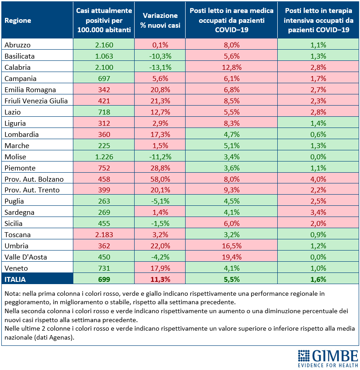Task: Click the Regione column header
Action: click(x=18, y=21)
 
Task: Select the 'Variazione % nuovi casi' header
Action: click(x=160, y=20)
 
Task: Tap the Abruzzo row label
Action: click(x=17, y=45)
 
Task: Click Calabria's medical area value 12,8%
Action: click(x=232, y=67)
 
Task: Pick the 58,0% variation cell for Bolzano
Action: click(x=160, y=179)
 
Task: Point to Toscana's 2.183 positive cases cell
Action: click(x=104, y=234)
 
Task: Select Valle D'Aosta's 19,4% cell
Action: click(x=232, y=257)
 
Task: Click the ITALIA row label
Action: click(x=15, y=279)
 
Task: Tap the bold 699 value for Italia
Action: click(x=104, y=279)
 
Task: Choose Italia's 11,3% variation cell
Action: click(x=160, y=279)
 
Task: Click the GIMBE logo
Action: click(x=328, y=358)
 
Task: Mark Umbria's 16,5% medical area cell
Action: click(x=232, y=246)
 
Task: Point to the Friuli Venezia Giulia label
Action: click(x=36, y=101)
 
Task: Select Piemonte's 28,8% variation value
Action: click(x=160, y=168)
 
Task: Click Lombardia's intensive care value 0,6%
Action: click(x=318, y=135)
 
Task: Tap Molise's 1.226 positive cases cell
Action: click(x=104, y=157)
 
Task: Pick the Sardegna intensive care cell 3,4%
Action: click(x=318, y=212)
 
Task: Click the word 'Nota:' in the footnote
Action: click(x=13, y=293)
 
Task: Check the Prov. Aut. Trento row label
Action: click(x=32, y=190)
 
